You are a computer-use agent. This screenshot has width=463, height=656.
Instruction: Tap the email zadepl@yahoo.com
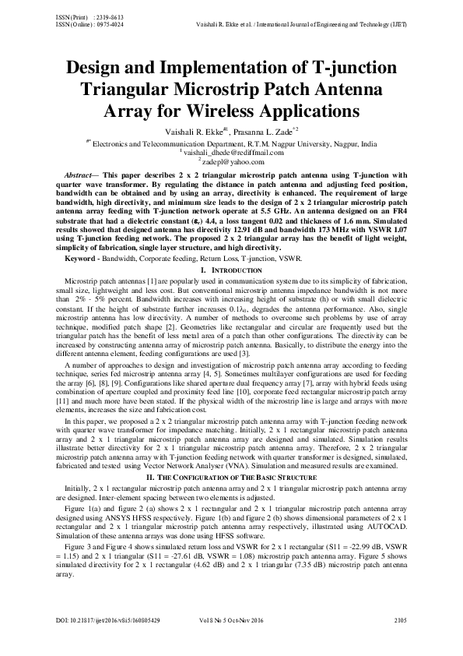(233, 161)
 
